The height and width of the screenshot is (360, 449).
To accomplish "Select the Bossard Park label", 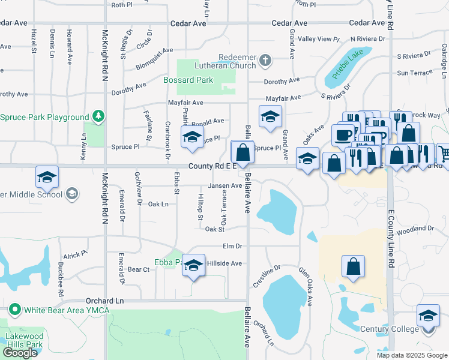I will click(188, 80).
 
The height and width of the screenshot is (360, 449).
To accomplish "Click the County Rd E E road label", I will click(214, 166).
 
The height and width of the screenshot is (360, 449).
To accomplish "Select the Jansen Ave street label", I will click(224, 186).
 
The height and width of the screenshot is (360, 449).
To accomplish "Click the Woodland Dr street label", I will click(415, 229).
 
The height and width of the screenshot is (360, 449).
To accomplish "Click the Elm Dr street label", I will click(232, 246).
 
